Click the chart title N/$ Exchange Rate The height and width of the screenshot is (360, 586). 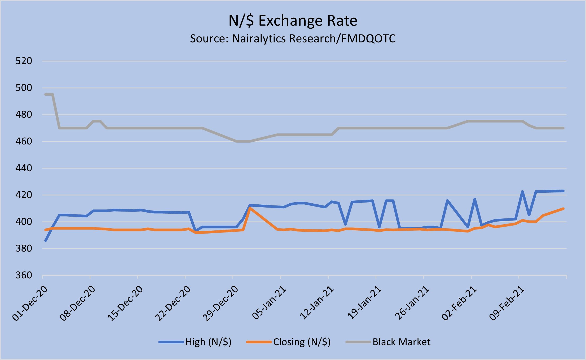293,21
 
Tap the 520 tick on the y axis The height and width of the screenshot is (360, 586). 24,61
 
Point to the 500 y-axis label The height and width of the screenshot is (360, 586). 24,88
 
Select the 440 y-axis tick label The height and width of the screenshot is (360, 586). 24,168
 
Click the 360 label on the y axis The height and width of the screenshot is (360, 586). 24,275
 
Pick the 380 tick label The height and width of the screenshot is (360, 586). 24,248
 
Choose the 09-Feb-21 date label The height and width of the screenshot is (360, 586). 507,304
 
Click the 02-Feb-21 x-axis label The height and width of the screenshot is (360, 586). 459,304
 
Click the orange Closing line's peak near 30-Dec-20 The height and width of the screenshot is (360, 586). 250,208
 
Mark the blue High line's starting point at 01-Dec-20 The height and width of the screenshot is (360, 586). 46,240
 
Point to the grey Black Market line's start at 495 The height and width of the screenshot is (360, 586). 46,94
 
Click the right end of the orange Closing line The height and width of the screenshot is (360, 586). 563,209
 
